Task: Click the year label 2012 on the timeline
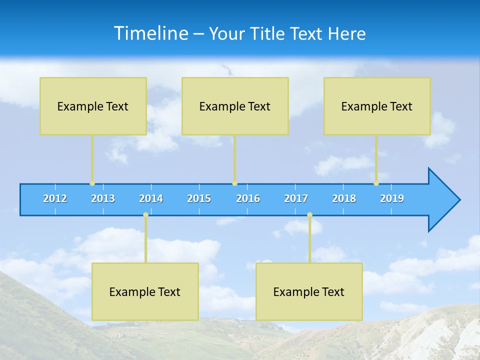tap(55, 198)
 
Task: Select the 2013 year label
tap(103, 198)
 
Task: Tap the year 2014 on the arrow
tap(151, 198)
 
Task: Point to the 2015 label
tap(199, 198)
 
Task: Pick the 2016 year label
tap(248, 198)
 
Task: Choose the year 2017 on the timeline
tap(296, 198)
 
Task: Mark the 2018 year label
tap(344, 198)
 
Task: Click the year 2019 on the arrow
tap(392, 198)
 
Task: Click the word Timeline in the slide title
tap(150, 33)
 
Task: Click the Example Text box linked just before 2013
tap(93, 106)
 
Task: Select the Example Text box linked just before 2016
tap(235, 106)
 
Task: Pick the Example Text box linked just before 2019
tap(377, 106)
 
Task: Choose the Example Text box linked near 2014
tap(145, 291)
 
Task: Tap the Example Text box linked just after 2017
tap(309, 291)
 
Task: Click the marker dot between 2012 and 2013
tap(92, 183)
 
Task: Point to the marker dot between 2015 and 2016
tap(234, 183)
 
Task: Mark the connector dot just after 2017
tap(309, 215)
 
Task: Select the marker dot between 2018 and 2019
tap(376, 183)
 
